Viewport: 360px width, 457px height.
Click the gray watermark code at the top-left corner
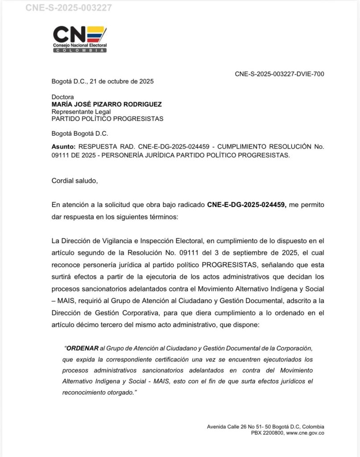(69, 8)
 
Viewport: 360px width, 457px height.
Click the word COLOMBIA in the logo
(80, 50)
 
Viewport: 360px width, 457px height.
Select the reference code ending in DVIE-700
(279, 74)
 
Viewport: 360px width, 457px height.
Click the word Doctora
(63, 97)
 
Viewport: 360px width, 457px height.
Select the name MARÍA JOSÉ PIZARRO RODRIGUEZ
(107, 104)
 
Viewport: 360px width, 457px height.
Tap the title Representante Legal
(81, 112)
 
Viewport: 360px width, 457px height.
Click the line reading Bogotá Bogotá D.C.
(80, 133)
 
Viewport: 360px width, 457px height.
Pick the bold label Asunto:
(64, 147)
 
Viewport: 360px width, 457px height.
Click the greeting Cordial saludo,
(74, 181)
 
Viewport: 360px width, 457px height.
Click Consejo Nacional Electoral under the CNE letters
(80, 46)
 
